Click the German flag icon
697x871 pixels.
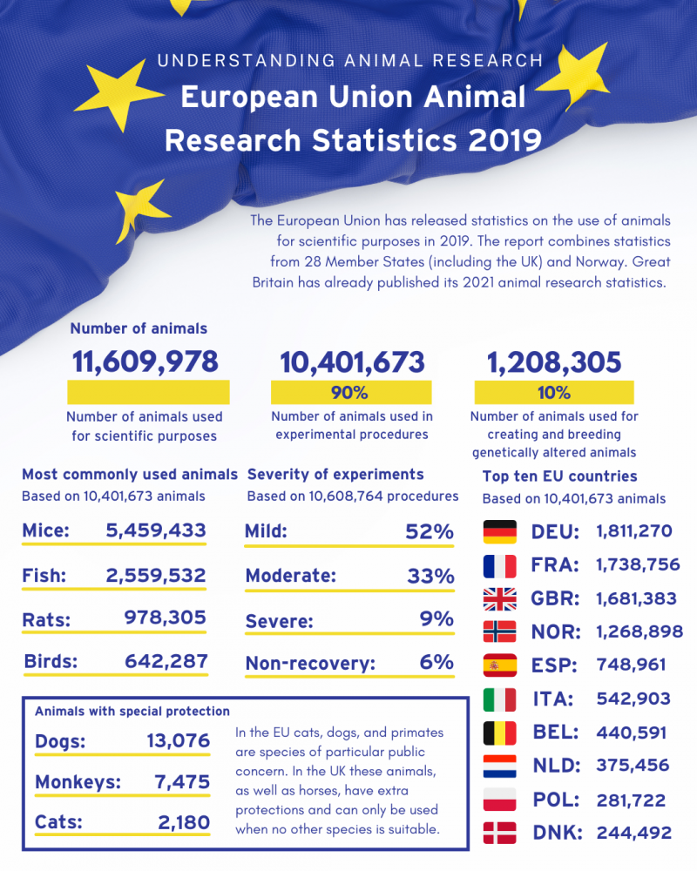click(x=499, y=530)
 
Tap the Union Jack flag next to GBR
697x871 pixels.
click(x=499, y=598)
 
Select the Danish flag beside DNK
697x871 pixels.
click(x=499, y=833)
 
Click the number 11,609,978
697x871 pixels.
click(x=145, y=361)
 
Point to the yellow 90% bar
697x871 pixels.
click(x=351, y=392)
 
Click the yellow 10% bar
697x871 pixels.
click(x=554, y=392)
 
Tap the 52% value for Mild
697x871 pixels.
click(x=430, y=531)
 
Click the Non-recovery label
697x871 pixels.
click(x=310, y=663)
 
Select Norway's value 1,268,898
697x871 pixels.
click(x=639, y=631)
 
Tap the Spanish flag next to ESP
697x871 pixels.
click(x=499, y=665)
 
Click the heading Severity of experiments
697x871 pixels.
click(x=335, y=475)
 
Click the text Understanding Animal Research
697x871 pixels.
click(x=350, y=61)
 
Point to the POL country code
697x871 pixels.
click(x=555, y=800)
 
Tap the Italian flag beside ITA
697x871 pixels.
click(x=499, y=699)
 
